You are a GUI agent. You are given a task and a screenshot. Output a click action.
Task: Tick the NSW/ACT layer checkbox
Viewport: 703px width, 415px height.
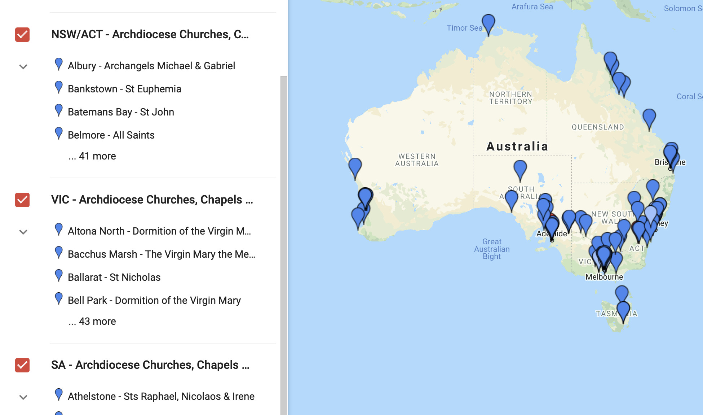(x=22, y=35)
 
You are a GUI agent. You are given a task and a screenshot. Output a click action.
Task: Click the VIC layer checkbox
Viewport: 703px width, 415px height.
(x=22, y=200)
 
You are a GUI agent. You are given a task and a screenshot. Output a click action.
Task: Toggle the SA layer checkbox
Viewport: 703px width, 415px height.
(x=22, y=365)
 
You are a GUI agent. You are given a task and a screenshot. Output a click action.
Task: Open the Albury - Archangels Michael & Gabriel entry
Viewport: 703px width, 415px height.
(x=151, y=66)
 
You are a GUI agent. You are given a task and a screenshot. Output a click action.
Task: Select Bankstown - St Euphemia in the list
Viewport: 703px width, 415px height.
(x=124, y=89)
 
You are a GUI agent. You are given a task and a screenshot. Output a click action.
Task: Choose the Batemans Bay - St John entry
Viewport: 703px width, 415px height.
(x=121, y=112)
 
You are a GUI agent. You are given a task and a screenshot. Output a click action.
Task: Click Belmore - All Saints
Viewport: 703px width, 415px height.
(x=111, y=135)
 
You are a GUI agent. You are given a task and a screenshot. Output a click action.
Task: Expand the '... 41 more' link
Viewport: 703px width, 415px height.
(x=92, y=156)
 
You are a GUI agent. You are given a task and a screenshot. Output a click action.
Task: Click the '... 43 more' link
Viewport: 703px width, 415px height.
(x=92, y=322)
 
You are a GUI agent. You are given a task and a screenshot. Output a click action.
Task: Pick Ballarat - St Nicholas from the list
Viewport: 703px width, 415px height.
(x=114, y=278)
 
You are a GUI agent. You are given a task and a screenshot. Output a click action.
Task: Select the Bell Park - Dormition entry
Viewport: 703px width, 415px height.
(x=154, y=301)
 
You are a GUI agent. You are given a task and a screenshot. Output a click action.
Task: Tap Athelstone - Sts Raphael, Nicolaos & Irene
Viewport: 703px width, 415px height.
(x=161, y=397)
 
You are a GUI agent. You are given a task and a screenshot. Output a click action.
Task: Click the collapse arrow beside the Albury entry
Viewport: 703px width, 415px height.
(x=23, y=67)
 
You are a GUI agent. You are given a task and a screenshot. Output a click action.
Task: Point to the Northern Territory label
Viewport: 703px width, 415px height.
(x=510, y=98)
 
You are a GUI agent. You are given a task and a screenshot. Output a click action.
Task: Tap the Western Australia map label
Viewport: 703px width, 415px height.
(x=417, y=160)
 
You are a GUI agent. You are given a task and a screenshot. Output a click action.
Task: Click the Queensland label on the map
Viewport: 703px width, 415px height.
(x=598, y=127)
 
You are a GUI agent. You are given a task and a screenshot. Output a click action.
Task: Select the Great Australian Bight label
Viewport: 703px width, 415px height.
(x=492, y=249)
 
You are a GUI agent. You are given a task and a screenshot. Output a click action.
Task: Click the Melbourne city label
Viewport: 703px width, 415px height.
(x=604, y=277)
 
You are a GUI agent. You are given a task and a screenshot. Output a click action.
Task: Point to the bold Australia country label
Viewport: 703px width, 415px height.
(x=517, y=147)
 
